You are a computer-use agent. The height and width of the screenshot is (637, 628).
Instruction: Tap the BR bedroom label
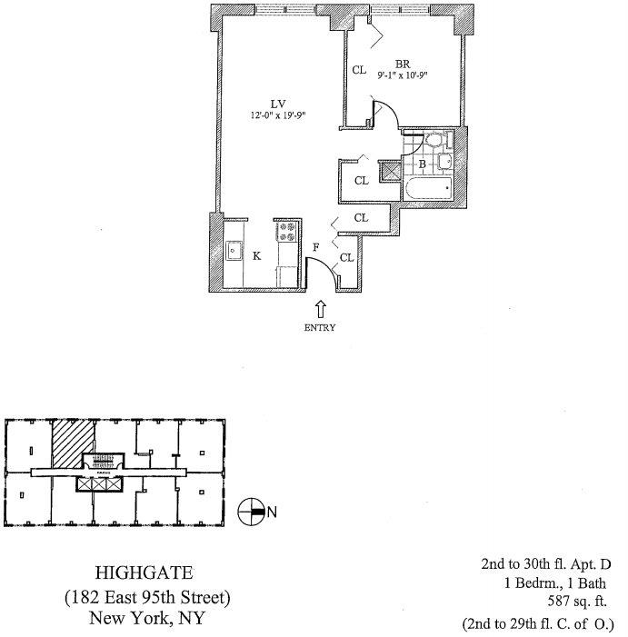401,64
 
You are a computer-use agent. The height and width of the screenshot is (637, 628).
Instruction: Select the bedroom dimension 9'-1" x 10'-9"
401,75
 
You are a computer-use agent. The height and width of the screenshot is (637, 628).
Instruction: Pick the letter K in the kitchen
257,256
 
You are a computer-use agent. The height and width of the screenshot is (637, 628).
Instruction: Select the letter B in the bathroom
422,164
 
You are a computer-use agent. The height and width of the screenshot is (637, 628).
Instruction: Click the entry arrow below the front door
320,310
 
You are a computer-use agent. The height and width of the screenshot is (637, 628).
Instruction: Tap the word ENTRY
320,328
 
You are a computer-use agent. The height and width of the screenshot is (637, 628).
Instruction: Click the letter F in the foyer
316,246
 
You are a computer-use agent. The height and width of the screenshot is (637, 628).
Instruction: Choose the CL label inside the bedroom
359,69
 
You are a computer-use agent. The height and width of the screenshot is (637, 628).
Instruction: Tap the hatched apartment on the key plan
68,443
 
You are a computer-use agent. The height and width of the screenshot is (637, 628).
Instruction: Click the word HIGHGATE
146,573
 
